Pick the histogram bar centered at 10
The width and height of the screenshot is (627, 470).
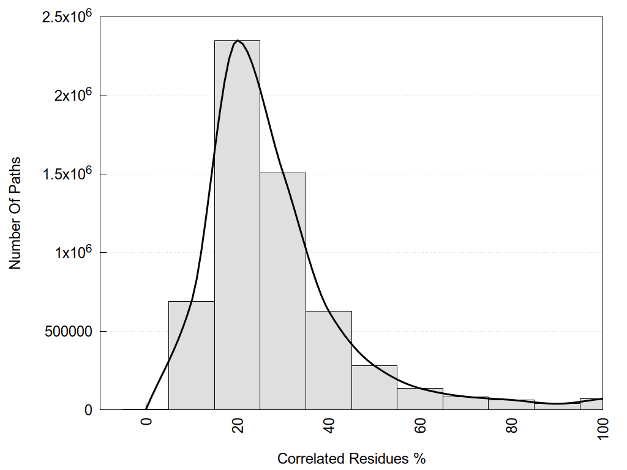point(191,356)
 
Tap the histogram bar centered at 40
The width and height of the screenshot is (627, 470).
point(329,360)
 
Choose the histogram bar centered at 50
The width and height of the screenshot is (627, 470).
point(374,387)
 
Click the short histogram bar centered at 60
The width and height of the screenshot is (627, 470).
point(420,399)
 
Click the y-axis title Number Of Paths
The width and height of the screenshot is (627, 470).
point(15,213)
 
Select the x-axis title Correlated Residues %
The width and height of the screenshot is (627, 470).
point(351,458)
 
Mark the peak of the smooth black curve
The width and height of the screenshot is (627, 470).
point(238,41)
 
